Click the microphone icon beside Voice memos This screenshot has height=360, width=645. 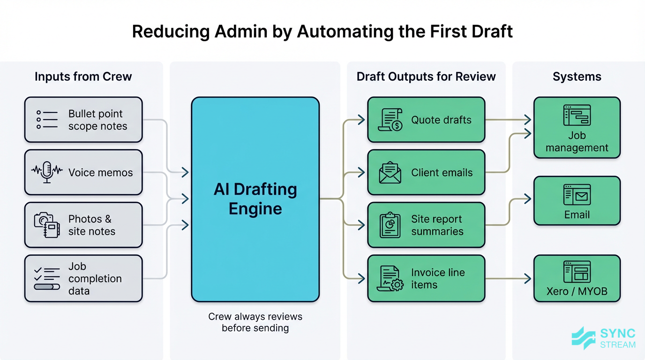[47, 172]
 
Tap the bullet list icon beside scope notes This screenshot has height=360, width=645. [47, 120]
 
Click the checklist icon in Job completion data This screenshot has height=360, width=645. [47, 278]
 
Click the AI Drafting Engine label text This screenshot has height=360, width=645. [255, 199]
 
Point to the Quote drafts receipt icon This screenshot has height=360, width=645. [390, 120]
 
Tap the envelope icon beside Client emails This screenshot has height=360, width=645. [390, 172]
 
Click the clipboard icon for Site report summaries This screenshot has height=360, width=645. [390, 225]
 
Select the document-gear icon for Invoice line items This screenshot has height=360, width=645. [390, 278]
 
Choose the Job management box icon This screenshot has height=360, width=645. [577, 115]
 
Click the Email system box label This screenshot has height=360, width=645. [577, 215]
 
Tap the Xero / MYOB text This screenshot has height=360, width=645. [577, 291]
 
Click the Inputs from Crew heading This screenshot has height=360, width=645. [83, 77]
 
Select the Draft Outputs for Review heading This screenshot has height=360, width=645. [426, 77]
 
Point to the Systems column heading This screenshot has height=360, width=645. [577, 77]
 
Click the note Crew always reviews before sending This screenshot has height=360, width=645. [255, 322]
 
